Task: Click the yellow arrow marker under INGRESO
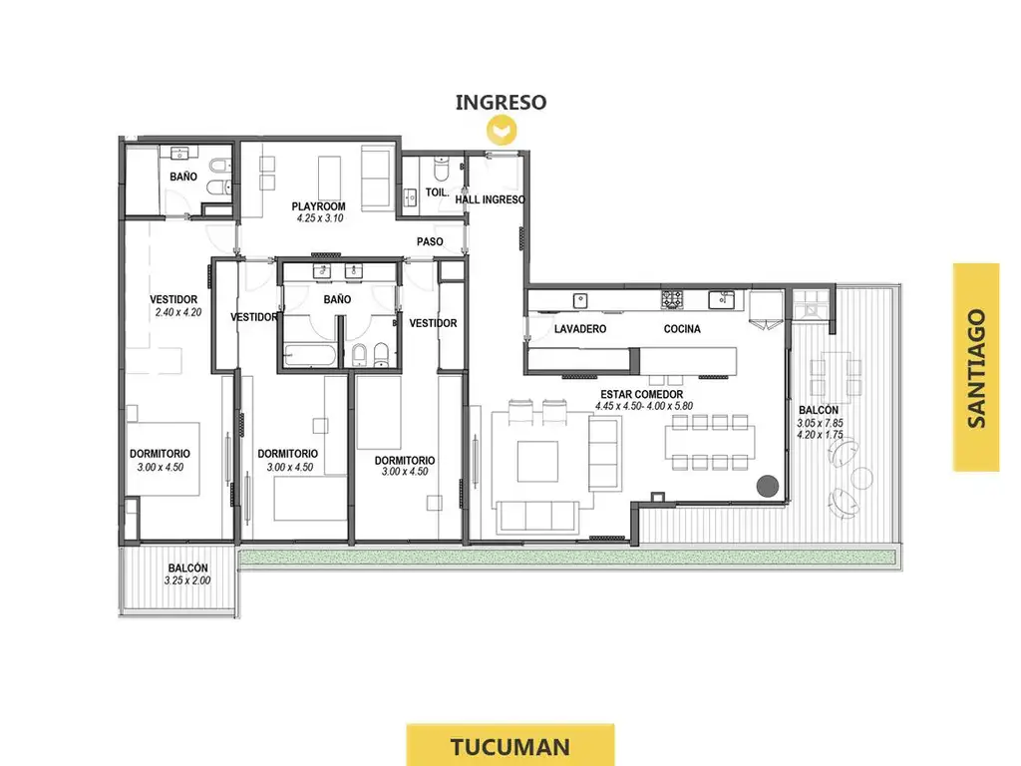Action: coord(502,131)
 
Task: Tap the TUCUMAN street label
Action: coord(510,746)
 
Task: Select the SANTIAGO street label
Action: coord(976,368)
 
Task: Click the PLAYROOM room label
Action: coord(318,206)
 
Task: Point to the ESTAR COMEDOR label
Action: coord(641,394)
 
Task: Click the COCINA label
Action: coord(682,329)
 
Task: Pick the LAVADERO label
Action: coord(579,329)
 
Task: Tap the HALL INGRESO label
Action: coord(490,199)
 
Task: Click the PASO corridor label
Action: coord(430,241)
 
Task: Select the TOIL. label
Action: coord(437,192)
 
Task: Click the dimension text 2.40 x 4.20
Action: coord(178,312)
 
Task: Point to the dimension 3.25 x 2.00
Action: coord(187,580)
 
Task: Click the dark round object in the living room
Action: coord(768,486)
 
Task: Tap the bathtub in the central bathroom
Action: coord(311,356)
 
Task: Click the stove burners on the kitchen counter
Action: coord(672,299)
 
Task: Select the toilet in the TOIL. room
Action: coord(441,168)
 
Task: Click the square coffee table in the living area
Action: coord(537,461)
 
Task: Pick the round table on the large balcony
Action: coord(862,478)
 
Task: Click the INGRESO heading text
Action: coord(501,103)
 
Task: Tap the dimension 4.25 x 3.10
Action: coord(320,218)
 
